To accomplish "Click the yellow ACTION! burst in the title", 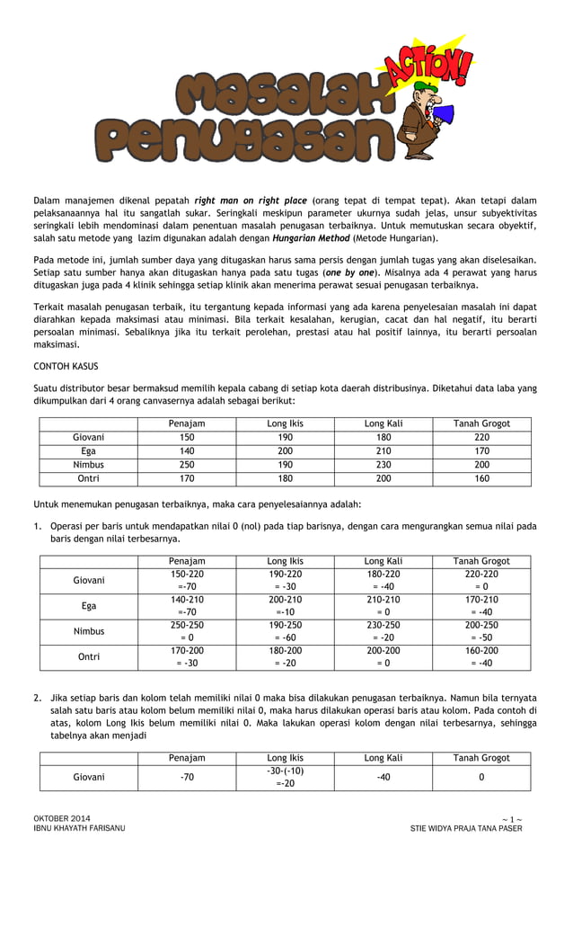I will (x=429, y=66).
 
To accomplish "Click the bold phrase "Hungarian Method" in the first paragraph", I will (x=311, y=238).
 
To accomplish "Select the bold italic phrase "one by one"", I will (x=351, y=271).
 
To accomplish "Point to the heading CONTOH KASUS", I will (x=66, y=367).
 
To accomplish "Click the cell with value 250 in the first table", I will (x=187, y=465).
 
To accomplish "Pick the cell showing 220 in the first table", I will (x=481, y=437).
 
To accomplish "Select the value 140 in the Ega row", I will (x=187, y=451).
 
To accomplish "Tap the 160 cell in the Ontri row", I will (x=481, y=478).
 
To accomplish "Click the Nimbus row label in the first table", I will (x=88, y=465).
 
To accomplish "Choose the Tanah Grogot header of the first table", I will (x=481, y=423).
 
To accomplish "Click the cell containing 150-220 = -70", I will (x=187, y=580).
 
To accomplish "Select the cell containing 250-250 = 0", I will (x=187, y=631).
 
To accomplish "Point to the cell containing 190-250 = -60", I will (x=285, y=631).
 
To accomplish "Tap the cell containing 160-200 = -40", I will (x=481, y=656).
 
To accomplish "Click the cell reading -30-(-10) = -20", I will (x=285, y=777).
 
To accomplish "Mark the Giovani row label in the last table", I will (x=88, y=777).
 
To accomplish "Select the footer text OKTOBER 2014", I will (x=62, y=817).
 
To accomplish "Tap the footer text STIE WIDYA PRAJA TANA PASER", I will (x=465, y=828).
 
